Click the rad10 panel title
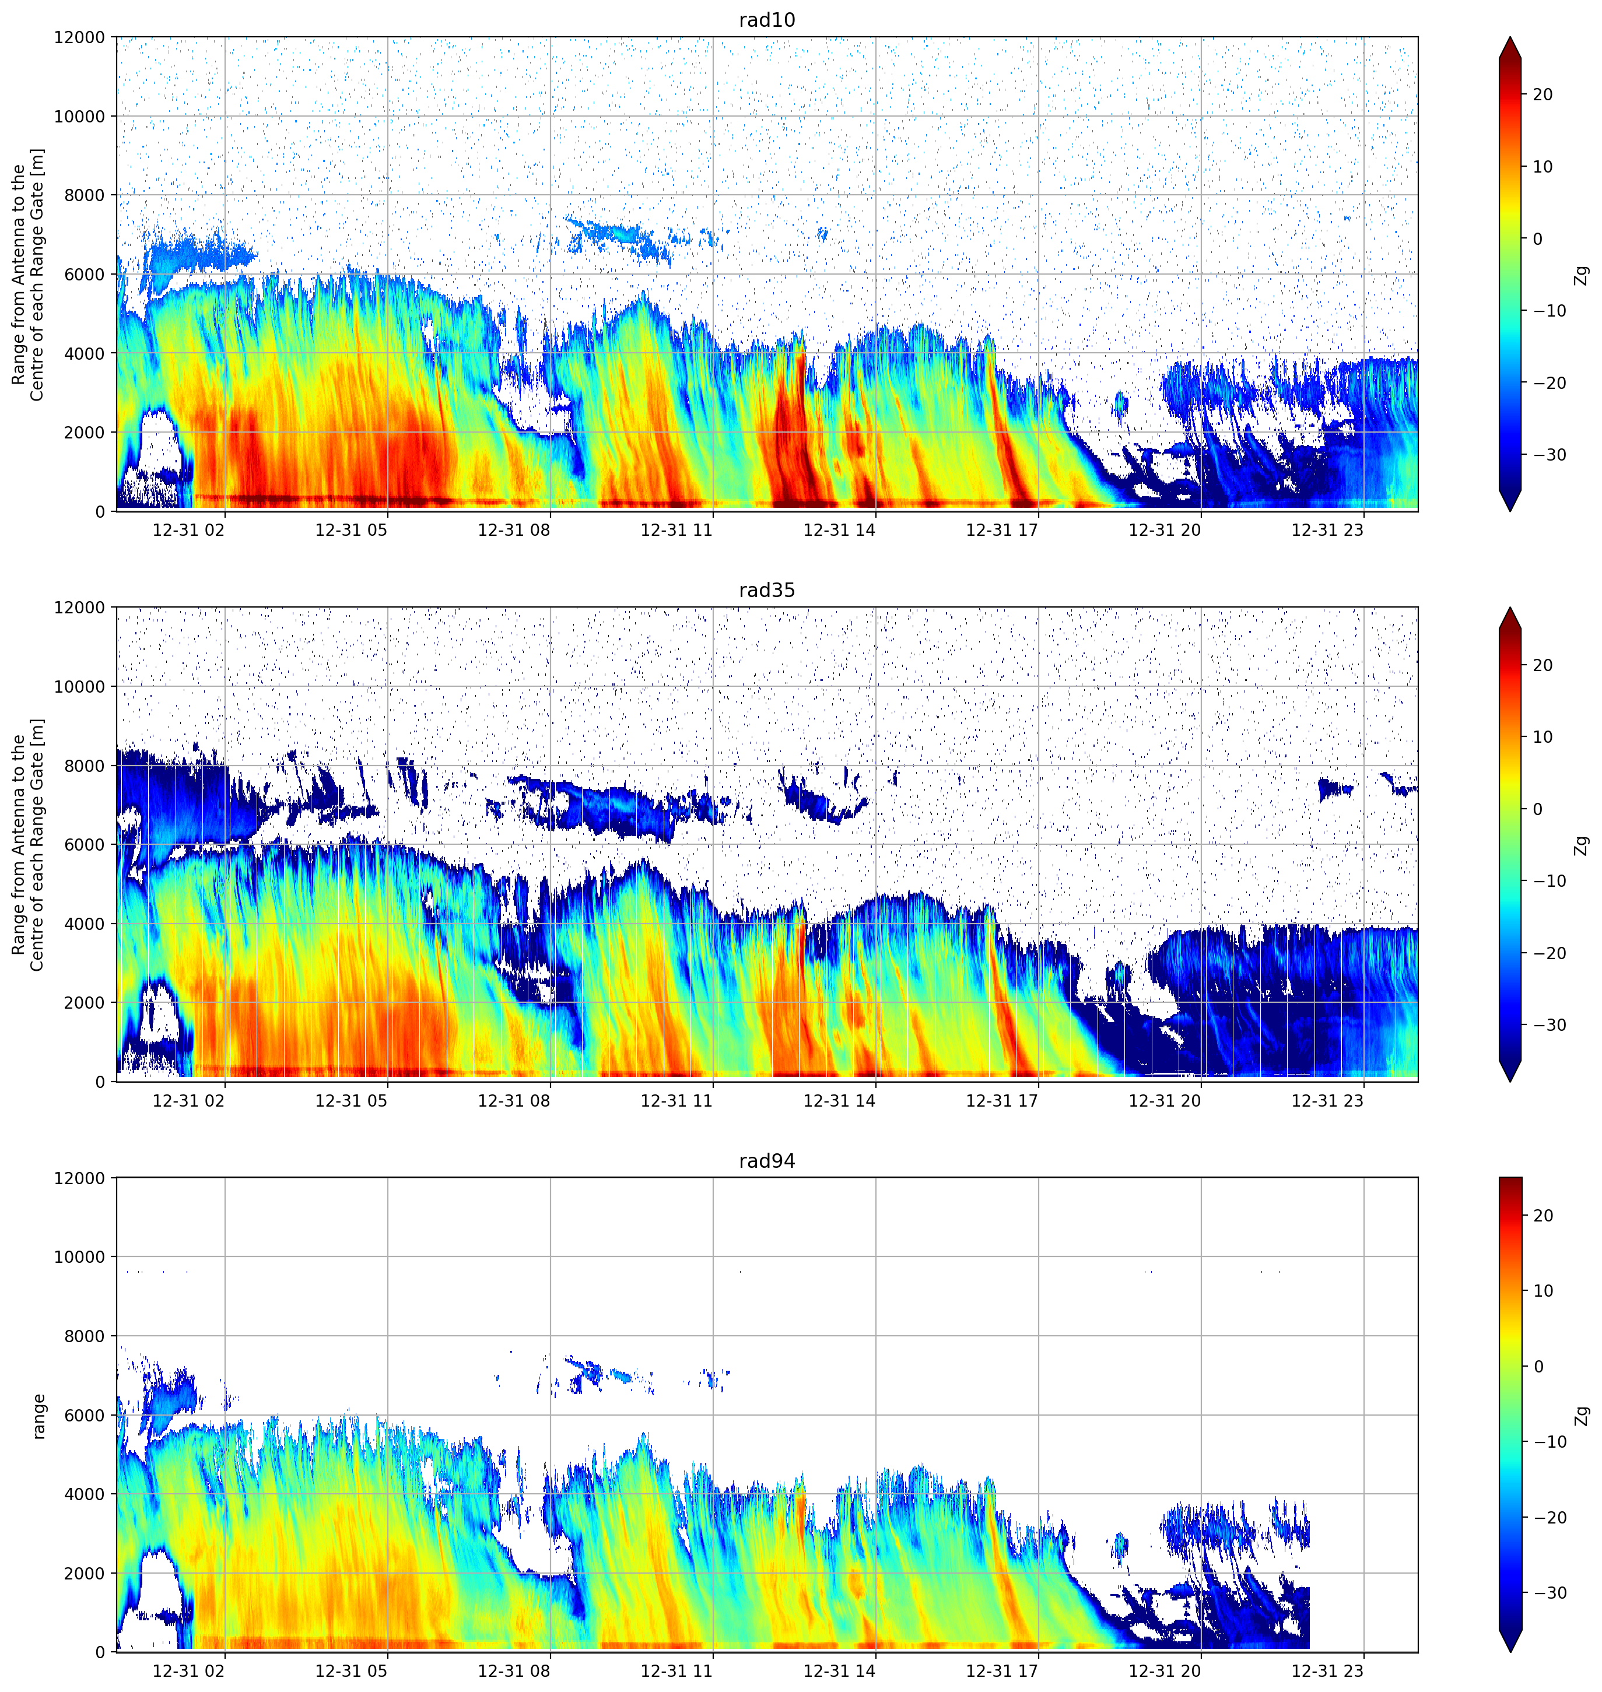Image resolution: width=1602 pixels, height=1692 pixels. point(767,20)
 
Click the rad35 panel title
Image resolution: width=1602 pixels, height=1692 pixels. point(767,590)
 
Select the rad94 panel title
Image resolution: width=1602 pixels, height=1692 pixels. point(767,1160)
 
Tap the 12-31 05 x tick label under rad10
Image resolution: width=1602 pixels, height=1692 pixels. point(351,530)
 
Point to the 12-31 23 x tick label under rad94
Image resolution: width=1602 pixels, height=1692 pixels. point(1327,1670)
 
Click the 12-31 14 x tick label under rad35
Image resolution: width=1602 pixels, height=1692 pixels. point(839,1100)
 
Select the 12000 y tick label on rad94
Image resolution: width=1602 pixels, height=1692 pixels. point(79,1178)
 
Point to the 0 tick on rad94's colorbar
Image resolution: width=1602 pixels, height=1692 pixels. point(1538,1367)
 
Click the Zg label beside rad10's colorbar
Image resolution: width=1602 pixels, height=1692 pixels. point(1582,275)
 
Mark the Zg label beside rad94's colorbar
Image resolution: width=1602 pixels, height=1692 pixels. point(1582,1416)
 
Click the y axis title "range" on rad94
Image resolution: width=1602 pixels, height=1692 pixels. point(38,1416)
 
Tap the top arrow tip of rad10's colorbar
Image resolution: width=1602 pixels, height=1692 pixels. point(1510,37)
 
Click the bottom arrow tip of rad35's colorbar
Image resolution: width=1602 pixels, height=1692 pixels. point(1510,1082)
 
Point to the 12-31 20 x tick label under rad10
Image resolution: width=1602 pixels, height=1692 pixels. point(1165,530)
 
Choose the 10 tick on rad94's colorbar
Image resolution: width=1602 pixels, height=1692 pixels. point(1542,1291)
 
